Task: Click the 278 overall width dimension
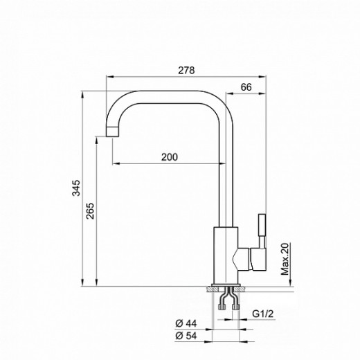(x=186, y=70)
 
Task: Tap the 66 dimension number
(x=246, y=87)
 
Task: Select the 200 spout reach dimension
(x=170, y=157)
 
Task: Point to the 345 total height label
(x=76, y=188)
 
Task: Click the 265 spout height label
(x=90, y=211)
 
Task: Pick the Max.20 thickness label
(x=285, y=259)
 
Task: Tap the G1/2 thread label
(x=262, y=314)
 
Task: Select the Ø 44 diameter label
(x=186, y=323)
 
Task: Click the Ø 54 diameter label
(x=186, y=336)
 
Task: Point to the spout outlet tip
(x=112, y=137)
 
